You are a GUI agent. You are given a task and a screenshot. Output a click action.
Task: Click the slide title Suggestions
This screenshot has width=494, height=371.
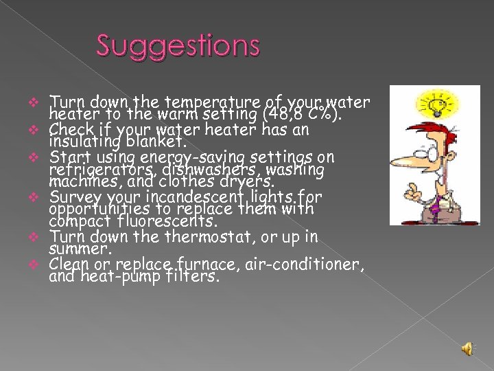coord(178,46)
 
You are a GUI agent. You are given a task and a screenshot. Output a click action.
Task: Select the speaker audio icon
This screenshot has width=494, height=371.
coord(467,348)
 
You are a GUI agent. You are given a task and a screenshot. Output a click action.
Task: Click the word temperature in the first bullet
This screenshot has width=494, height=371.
coord(183,104)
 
